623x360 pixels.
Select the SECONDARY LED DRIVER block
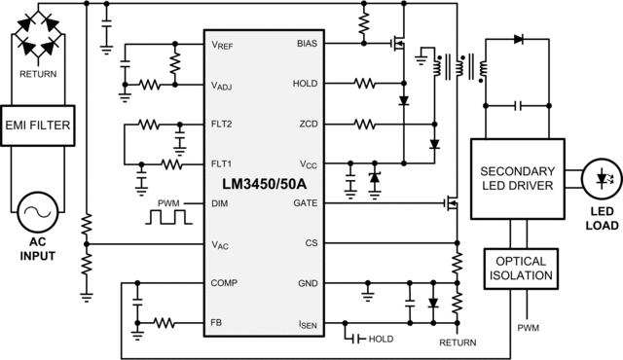[x=517, y=179]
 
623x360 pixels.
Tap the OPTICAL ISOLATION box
[x=522, y=270]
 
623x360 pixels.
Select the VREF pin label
[x=224, y=45]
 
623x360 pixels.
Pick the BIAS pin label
[x=305, y=45]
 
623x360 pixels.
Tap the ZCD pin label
[x=307, y=125]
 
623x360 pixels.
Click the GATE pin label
[x=304, y=202]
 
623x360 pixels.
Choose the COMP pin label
[x=226, y=283]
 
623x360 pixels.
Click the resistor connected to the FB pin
[x=163, y=322]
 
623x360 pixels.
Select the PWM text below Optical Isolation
[x=528, y=328]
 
